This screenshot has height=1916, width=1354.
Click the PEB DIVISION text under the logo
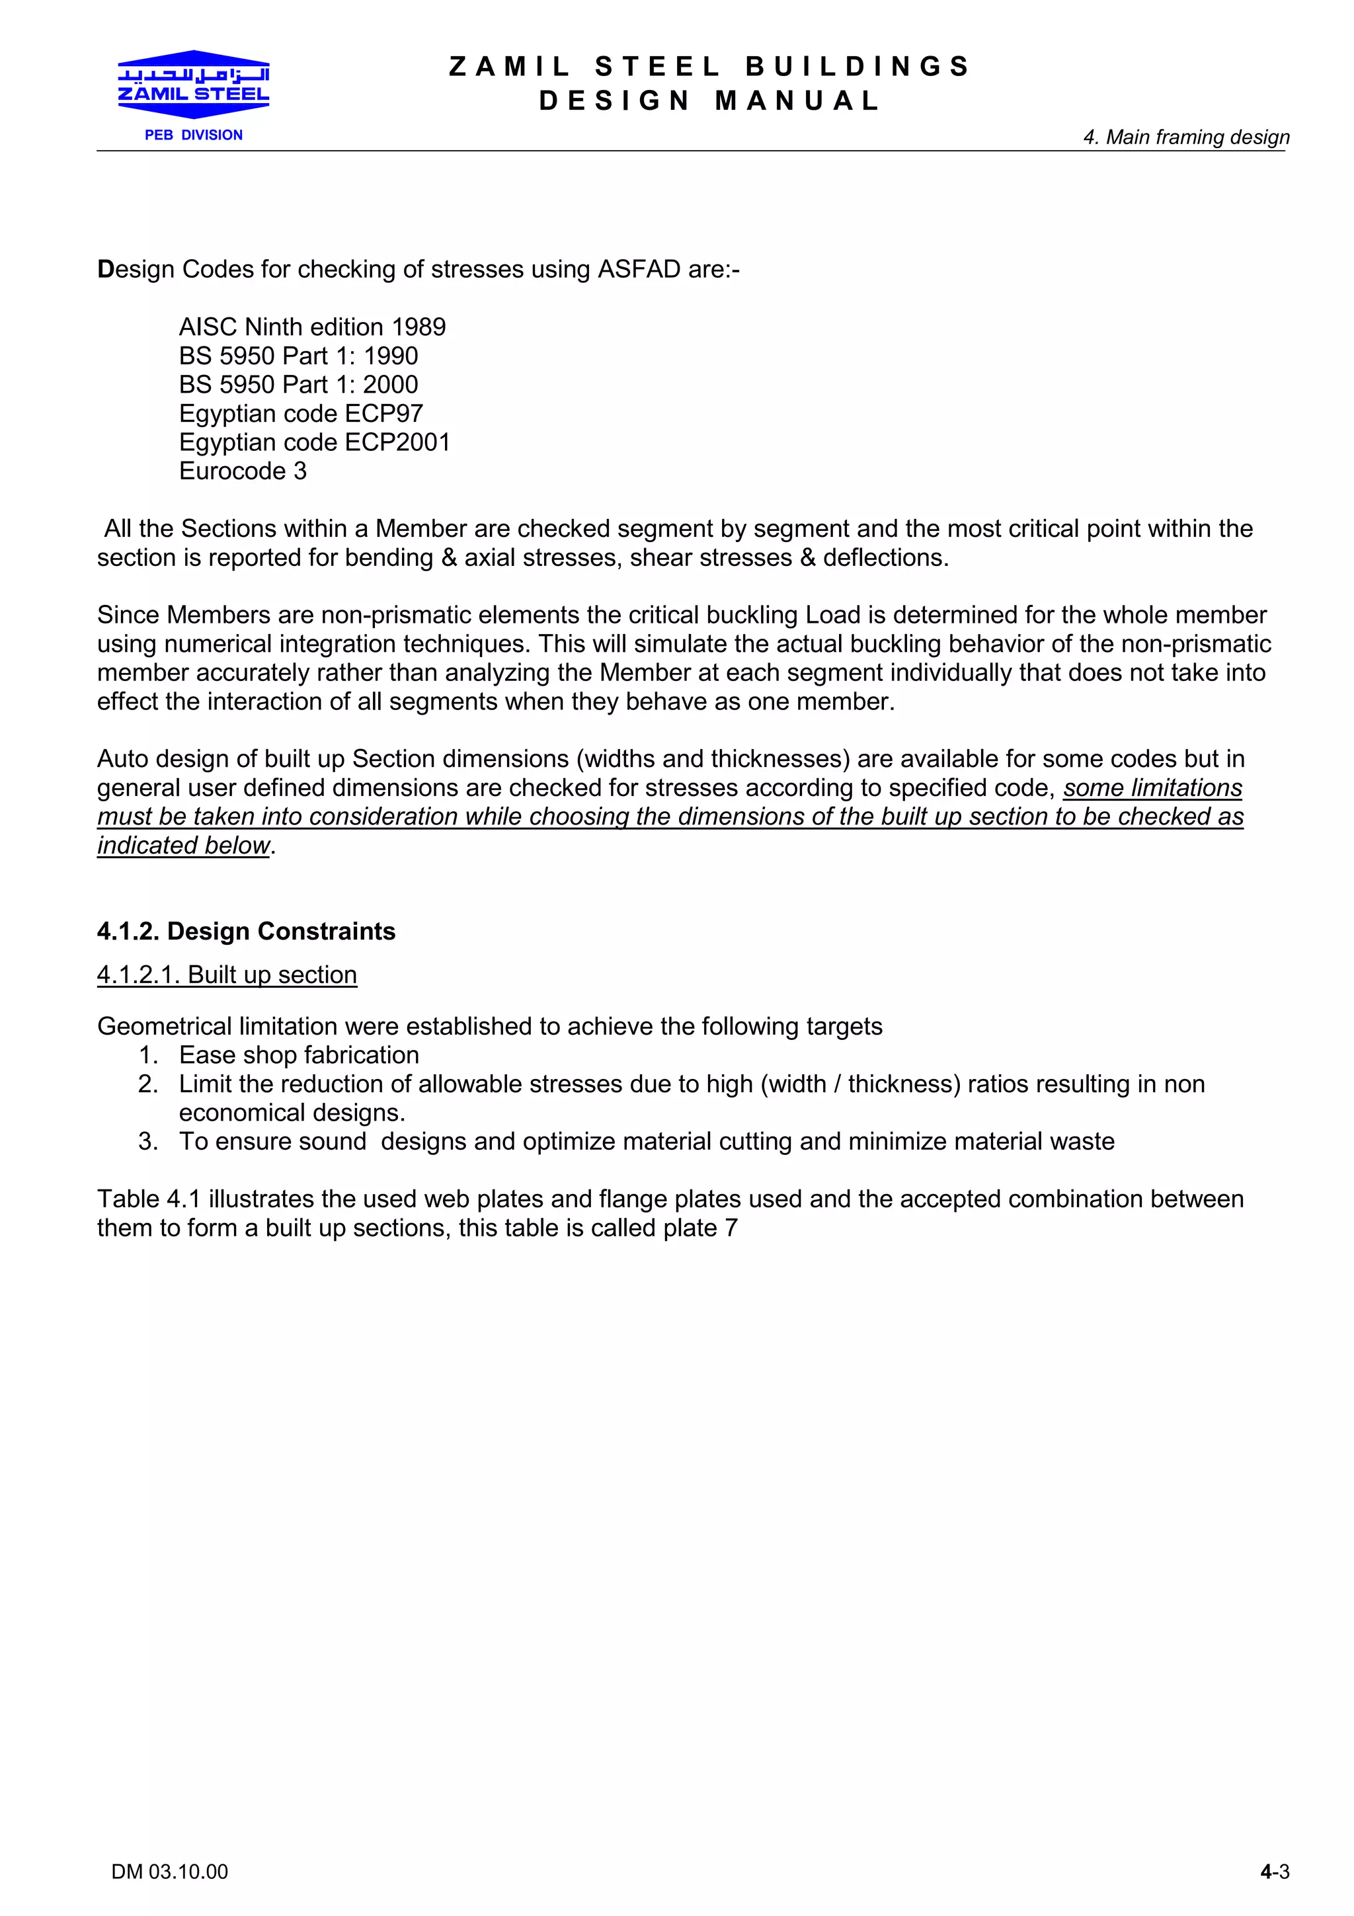(x=194, y=135)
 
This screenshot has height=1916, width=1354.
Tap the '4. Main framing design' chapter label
(x=1185, y=137)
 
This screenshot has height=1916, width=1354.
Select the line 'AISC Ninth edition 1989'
(x=312, y=327)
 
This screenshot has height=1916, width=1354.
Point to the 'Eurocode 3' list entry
(x=243, y=471)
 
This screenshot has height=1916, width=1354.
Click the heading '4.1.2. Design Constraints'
(x=246, y=932)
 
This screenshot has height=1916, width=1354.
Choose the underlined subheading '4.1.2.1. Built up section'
(x=227, y=975)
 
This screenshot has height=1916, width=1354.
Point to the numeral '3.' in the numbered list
(x=147, y=1142)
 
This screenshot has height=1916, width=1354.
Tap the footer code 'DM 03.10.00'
(x=169, y=1872)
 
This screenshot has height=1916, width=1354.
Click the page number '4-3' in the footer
(x=1274, y=1872)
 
